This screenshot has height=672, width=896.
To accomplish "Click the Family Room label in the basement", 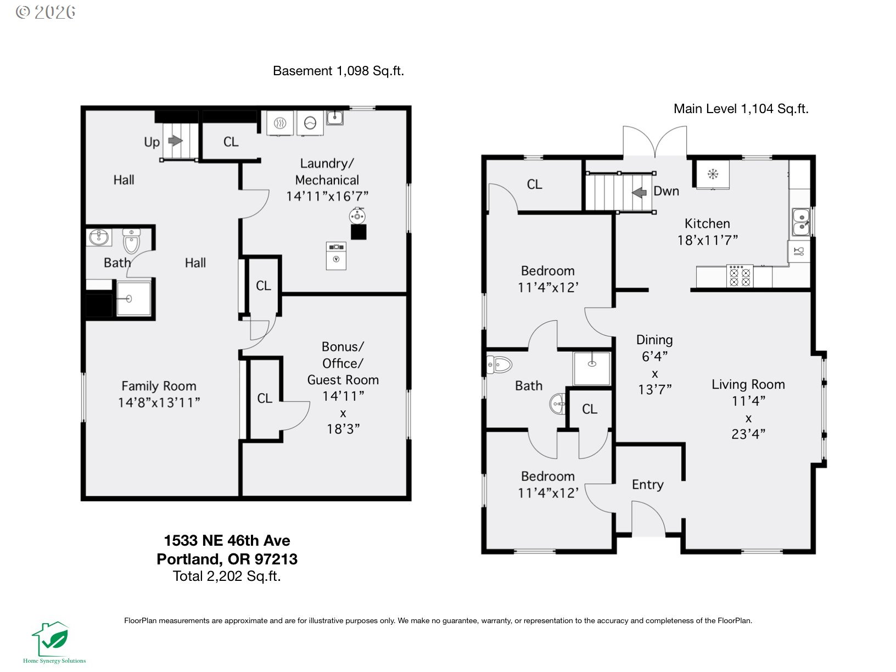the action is [x=159, y=385].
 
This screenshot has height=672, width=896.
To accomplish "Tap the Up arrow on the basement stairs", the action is [x=176, y=141].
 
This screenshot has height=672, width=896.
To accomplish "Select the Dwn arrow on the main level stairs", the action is [x=639, y=192].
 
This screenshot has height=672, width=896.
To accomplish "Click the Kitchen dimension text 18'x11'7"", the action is [x=707, y=240].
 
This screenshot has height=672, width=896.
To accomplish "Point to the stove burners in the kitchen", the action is [x=740, y=277].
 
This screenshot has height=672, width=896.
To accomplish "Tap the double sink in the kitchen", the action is [x=801, y=222].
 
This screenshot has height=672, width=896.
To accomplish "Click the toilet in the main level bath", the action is [x=499, y=365].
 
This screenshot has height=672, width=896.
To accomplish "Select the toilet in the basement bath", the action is [x=131, y=240].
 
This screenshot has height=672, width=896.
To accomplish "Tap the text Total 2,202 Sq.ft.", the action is [x=227, y=576].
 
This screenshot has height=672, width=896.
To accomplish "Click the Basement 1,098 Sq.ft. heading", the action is [x=338, y=71].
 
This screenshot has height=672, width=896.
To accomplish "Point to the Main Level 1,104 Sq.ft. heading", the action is [x=741, y=109].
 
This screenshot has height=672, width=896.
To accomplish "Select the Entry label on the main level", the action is [x=647, y=484].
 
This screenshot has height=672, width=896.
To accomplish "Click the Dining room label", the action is [x=654, y=339].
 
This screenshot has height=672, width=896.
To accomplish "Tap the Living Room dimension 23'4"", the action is [x=748, y=434].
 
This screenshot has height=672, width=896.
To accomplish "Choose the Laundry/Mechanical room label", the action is [x=327, y=171].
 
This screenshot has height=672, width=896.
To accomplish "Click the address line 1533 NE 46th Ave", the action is [x=227, y=541].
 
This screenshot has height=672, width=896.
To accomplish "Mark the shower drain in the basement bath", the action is [x=128, y=299].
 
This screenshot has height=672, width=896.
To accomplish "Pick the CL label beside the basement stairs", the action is [x=231, y=142].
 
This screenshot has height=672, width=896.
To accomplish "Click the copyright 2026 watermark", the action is [x=46, y=12].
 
